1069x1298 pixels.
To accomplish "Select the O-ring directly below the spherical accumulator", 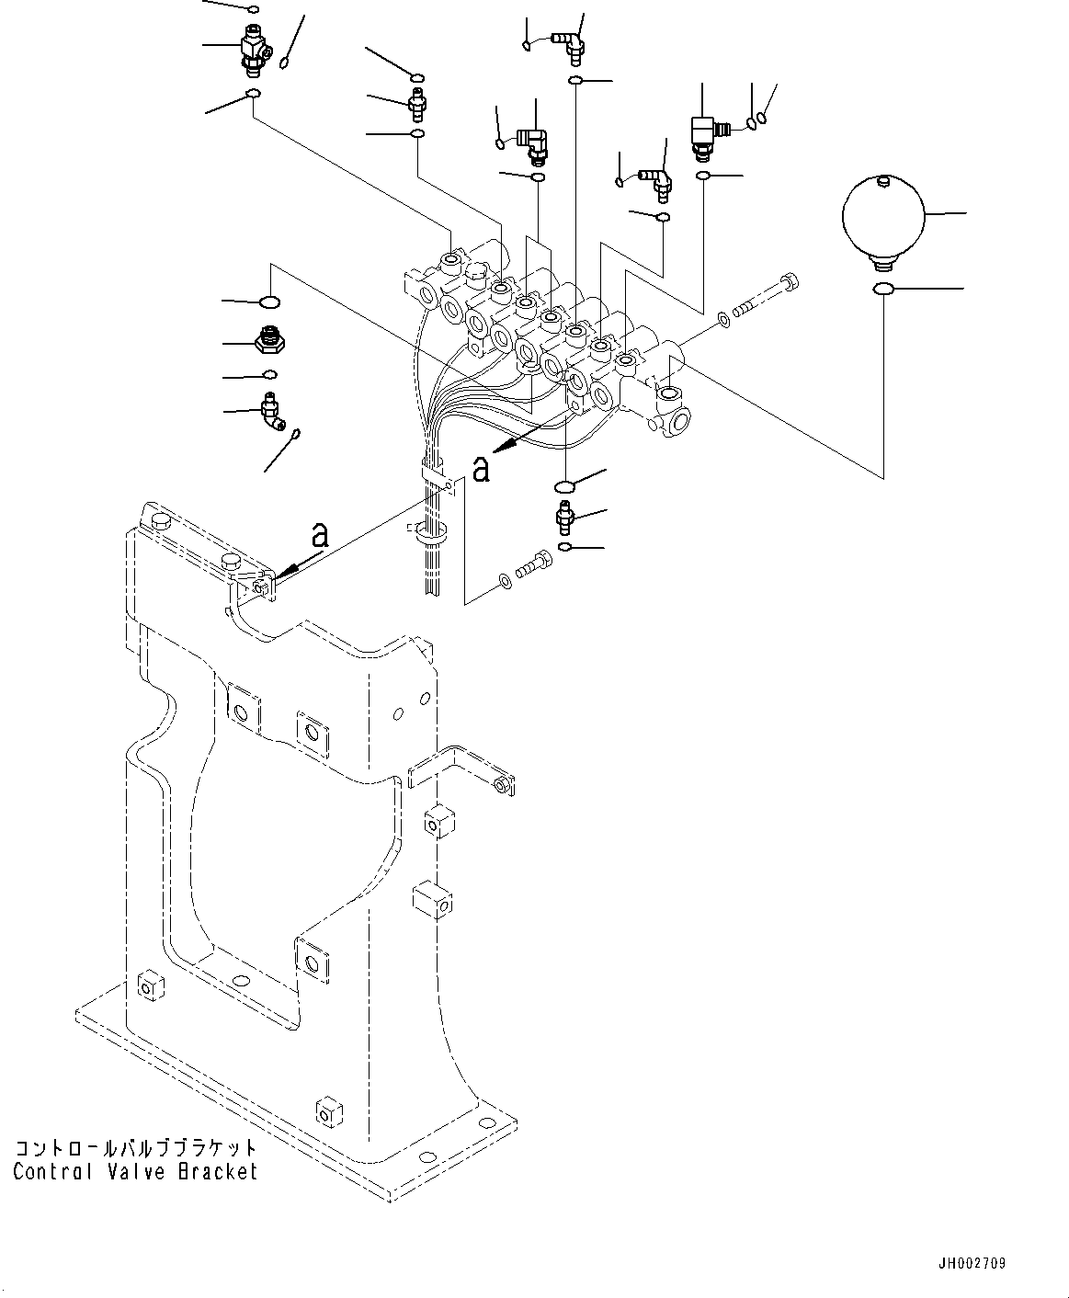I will click(x=882, y=290).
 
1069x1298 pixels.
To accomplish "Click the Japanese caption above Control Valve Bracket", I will click(x=135, y=1149).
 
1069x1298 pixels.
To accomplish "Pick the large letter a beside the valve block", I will click(x=480, y=469).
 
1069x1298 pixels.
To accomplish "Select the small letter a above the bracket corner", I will click(x=319, y=534).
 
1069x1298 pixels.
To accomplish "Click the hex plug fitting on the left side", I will click(x=269, y=341).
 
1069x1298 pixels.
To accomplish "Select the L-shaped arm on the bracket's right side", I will click(x=460, y=768).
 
